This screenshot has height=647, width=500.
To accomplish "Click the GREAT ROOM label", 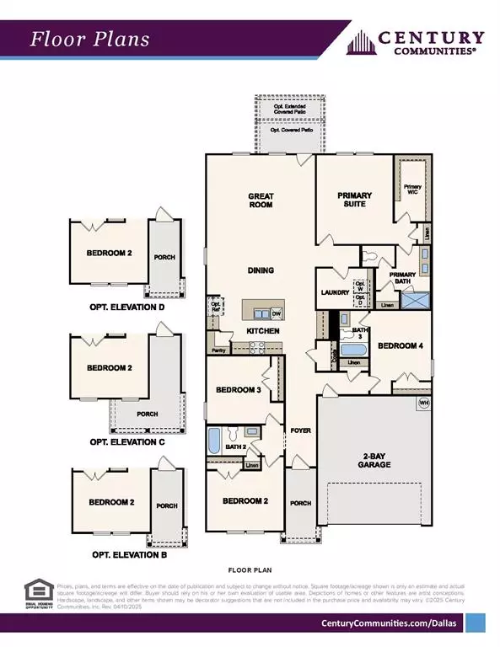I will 261,200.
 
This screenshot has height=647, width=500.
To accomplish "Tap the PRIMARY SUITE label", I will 354,200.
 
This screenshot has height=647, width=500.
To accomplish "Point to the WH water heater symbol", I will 423,403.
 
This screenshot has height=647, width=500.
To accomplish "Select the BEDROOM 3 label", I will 239,389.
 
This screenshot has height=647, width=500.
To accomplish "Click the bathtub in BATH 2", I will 214,440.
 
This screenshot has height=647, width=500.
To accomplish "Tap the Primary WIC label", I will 412,190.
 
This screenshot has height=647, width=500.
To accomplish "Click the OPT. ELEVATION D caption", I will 126,307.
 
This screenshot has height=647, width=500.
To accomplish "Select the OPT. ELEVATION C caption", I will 126,441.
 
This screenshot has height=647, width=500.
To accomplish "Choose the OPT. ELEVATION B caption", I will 126,555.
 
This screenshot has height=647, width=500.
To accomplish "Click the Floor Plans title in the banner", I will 90,40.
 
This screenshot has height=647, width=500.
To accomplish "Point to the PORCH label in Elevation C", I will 148,414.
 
